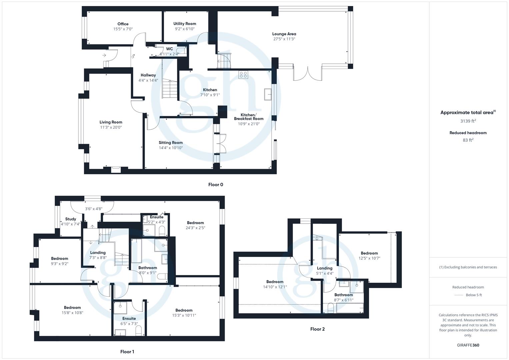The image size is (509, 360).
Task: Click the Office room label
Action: [123, 24]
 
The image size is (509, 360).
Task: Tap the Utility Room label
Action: [185, 24]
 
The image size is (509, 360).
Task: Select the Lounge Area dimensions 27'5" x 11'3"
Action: [284, 39]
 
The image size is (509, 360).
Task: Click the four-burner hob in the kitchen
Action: [243, 75]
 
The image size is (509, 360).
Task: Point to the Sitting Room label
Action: [171, 143]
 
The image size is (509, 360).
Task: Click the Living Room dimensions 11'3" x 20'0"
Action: [111, 127]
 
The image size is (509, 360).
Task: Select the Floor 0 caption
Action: [216, 185]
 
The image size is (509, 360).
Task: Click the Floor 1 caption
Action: [127, 352]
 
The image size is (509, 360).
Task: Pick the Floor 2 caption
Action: [317, 329]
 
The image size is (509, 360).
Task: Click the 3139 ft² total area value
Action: [468, 121]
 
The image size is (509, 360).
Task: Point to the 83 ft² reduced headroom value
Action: [468, 140]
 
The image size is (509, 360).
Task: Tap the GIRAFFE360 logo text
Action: [468, 345]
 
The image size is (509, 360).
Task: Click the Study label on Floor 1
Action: [71, 219]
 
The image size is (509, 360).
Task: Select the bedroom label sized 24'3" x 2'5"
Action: [195, 223]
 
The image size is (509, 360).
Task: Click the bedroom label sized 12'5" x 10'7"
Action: [369, 253]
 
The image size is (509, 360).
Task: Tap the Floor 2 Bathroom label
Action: [343, 295]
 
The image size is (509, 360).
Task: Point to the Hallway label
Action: [148, 75]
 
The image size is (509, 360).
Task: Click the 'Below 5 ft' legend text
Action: [474, 295]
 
